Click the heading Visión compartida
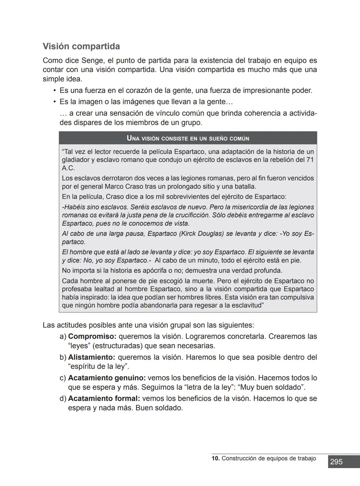[81, 46]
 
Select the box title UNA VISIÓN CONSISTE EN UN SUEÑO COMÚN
[188, 138]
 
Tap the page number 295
[336, 462]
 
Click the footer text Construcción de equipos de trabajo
[269, 458]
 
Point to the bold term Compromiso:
[92, 336]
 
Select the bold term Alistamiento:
[91, 357]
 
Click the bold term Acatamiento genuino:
[107, 378]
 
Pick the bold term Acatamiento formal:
[104, 399]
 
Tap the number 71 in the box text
[310, 160]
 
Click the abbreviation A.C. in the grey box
[68, 168]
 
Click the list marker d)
[63, 399]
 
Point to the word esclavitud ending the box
[245, 305]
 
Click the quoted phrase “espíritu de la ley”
[98, 367]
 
